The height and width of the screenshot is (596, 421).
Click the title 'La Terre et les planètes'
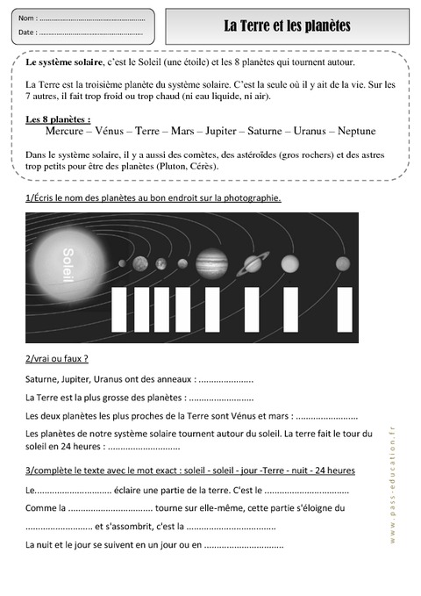click(287, 26)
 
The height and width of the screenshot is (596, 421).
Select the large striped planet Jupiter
click(211, 262)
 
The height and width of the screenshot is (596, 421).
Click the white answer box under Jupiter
click(211, 309)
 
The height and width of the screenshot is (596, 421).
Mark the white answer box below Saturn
click(252, 309)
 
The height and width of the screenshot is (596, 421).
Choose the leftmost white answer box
click(119, 309)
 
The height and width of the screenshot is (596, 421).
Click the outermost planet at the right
click(343, 263)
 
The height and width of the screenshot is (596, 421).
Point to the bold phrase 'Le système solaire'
click(65, 63)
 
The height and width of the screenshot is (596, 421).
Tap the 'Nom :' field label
click(27, 18)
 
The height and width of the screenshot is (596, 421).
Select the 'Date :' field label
click(27, 32)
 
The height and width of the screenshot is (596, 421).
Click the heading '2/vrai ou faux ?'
click(57, 358)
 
